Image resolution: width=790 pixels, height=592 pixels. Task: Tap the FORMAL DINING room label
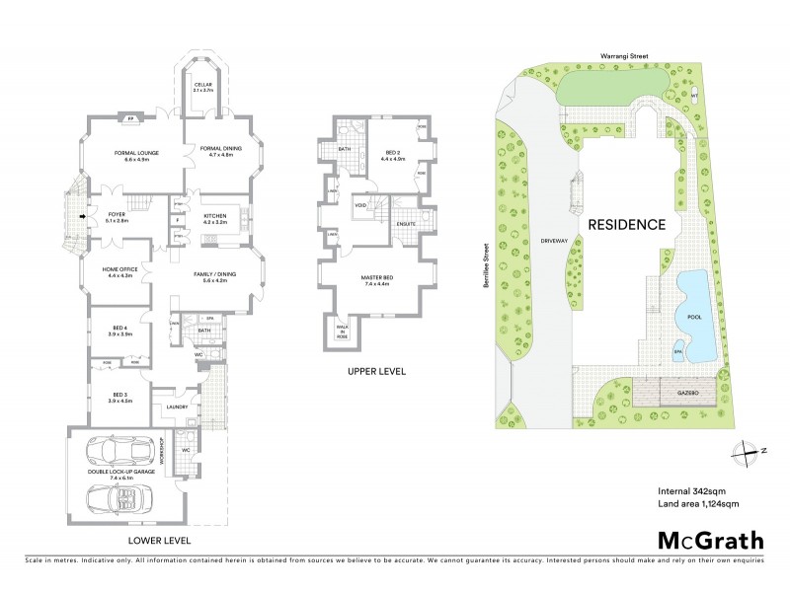[x=214, y=150]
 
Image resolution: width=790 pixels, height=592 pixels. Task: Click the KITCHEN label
[x=215, y=219]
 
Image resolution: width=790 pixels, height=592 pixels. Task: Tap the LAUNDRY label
[x=178, y=407]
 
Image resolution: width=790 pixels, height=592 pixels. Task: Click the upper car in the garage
[x=118, y=453]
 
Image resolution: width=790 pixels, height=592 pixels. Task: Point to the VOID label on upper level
[x=361, y=205]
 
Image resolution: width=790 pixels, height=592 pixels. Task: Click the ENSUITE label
[x=403, y=225]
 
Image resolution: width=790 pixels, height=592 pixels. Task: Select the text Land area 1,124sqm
[x=698, y=504]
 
